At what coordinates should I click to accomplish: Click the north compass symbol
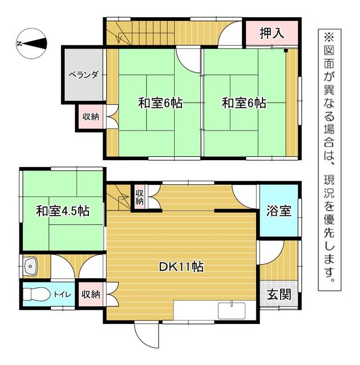[31, 43]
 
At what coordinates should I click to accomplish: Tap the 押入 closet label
[272, 34]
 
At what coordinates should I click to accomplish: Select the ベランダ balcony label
[84, 74]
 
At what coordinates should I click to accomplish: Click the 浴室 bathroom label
[280, 210]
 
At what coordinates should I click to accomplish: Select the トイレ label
[62, 295]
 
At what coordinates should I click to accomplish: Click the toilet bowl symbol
[35, 295]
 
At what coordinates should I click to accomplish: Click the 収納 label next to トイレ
[91, 295]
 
